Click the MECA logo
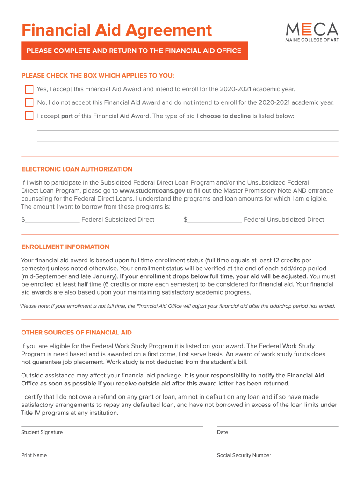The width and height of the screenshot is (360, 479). click(311, 29)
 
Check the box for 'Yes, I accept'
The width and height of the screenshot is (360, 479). click(29, 89)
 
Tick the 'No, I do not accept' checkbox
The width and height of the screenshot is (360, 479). click(29, 102)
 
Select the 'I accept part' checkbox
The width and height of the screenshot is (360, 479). click(29, 116)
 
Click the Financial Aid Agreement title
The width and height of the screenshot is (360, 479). click(116, 31)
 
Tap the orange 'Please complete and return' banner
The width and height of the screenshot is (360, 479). click(134, 51)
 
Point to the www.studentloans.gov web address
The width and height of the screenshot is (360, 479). click(152, 191)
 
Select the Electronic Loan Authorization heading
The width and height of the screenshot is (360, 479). click(77, 169)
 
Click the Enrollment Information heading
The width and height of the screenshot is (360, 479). click(65, 247)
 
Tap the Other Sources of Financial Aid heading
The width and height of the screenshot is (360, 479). click(76, 333)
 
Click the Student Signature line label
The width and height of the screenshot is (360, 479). click(42, 432)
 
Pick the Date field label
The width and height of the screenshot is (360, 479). click(223, 432)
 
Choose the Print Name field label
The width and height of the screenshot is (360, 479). click(34, 455)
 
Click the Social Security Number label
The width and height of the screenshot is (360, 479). click(244, 455)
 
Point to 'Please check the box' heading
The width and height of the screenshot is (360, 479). click(98, 76)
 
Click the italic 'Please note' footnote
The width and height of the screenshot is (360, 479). click(177, 306)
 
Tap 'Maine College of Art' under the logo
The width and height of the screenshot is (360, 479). click(311, 40)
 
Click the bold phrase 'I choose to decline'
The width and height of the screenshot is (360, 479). click(223, 116)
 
